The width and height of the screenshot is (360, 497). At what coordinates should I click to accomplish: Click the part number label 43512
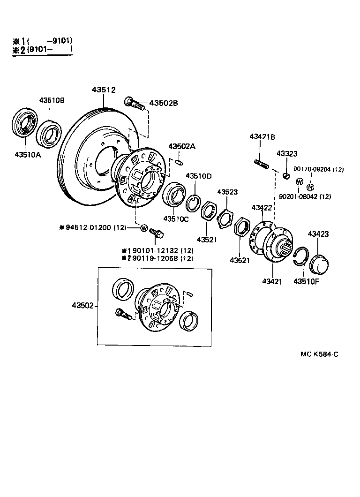pyautogui.click(x=103, y=90)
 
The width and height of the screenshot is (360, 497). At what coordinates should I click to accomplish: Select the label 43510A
pyautogui.click(x=27, y=154)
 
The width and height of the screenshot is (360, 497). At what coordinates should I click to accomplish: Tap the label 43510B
pyautogui.click(x=52, y=100)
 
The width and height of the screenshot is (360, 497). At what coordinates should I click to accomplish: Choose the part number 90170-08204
pyautogui.click(x=312, y=169)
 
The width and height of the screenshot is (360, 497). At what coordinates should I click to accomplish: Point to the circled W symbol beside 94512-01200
pyautogui.click(x=144, y=228)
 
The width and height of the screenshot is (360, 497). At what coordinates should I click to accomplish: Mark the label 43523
pyautogui.click(x=227, y=192)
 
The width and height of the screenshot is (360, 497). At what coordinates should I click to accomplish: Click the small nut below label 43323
pyautogui.click(x=284, y=176)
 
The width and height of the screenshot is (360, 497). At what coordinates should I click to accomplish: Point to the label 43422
pyautogui.click(x=262, y=207)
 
